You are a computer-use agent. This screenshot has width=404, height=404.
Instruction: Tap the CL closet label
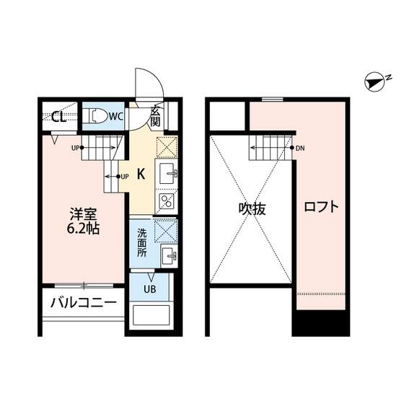click(x=58, y=117)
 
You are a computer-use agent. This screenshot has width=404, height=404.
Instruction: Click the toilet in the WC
click(x=97, y=116)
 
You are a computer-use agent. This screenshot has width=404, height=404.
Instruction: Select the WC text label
click(x=116, y=116)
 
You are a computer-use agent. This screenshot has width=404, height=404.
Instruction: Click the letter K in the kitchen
click(x=141, y=174)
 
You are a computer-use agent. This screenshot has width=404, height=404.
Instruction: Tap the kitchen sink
click(x=167, y=174)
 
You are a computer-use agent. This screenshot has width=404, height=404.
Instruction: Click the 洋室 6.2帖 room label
click(x=83, y=221)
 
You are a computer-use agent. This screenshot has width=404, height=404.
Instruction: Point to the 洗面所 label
click(x=141, y=243)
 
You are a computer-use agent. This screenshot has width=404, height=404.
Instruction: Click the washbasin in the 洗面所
click(x=169, y=255)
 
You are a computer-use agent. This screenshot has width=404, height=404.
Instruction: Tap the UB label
click(x=150, y=289)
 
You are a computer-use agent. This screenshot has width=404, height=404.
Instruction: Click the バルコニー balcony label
click(x=84, y=302)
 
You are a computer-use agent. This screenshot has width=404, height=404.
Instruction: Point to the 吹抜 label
click(x=252, y=208)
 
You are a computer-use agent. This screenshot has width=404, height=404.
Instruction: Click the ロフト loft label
click(x=321, y=206)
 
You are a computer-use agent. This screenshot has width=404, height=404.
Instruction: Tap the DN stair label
click(x=300, y=148)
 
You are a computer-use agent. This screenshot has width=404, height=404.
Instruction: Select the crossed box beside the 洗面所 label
click(x=166, y=231)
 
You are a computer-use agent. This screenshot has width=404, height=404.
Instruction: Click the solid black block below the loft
click(x=321, y=323)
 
